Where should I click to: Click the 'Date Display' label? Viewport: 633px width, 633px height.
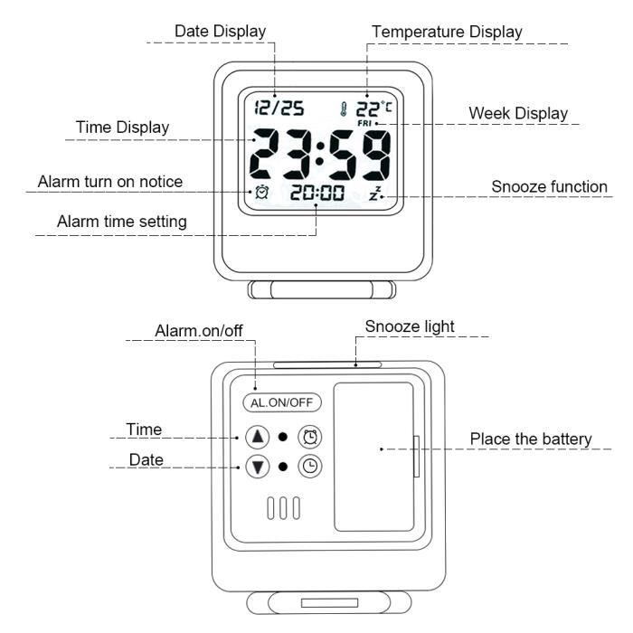[220, 31]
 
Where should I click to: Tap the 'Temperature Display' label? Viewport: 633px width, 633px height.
[447, 32]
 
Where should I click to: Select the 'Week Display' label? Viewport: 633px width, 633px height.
[518, 113]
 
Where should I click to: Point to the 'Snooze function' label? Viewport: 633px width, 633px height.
[550, 186]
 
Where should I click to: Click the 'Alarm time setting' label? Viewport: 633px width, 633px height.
[122, 222]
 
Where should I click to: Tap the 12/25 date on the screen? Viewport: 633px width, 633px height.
[279, 109]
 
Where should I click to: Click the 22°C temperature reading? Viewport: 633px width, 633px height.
[373, 109]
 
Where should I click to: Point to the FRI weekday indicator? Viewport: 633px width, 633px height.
[364, 123]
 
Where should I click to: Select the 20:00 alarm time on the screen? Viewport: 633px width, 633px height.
[317, 193]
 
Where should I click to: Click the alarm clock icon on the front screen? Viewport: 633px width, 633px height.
[261, 192]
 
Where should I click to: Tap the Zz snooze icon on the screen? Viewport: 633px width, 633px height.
[375, 194]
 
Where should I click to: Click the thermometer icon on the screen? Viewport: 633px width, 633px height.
[344, 109]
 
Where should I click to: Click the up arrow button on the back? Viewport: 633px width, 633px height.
[258, 437]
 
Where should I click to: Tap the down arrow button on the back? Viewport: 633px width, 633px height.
[258, 467]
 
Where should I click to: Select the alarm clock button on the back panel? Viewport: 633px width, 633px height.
[310, 437]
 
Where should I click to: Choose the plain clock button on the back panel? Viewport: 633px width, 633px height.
[310, 467]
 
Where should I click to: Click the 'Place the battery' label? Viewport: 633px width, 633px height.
[531, 439]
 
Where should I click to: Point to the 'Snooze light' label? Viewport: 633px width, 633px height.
[410, 326]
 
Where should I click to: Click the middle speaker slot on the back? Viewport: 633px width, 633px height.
[284, 508]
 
